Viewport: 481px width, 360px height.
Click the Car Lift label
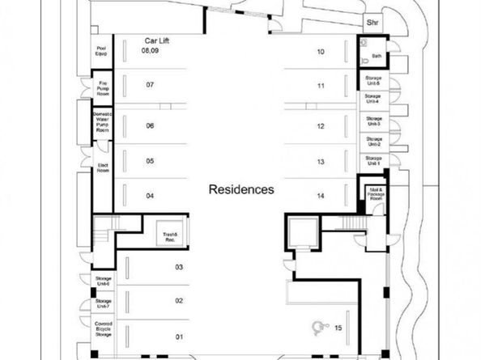point(155,40)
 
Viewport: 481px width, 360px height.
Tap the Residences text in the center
point(241,190)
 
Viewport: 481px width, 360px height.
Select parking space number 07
point(150,85)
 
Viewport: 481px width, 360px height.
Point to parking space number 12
point(321,126)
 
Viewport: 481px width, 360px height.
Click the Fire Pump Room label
point(103,87)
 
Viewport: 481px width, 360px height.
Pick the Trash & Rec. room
point(170,235)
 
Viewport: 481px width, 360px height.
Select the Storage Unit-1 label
point(372,161)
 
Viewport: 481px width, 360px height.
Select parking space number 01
point(180,336)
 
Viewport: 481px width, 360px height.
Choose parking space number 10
point(321,52)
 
